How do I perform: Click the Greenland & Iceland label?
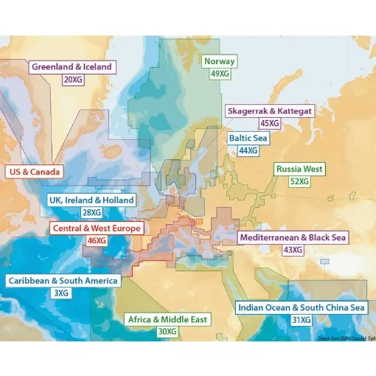[72, 67]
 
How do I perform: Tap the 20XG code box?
[72, 79]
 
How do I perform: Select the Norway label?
[220, 62]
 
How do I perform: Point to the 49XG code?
[220, 74]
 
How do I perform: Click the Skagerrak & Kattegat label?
[270, 111]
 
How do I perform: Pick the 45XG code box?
[270, 122]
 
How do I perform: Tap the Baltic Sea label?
[248, 138]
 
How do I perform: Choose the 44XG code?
[248, 150]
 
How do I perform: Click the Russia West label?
[299, 170]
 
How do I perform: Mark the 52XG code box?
[299, 181]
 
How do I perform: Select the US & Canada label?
[33, 173]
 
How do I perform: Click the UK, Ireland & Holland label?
[91, 201]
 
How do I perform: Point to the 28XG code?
[91, 212]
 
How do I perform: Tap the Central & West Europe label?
[96, 229]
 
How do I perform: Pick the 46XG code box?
[96, 240]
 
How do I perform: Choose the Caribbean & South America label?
[62, 281]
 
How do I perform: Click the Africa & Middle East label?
[168, 320]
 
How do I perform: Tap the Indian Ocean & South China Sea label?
[300, 307]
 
